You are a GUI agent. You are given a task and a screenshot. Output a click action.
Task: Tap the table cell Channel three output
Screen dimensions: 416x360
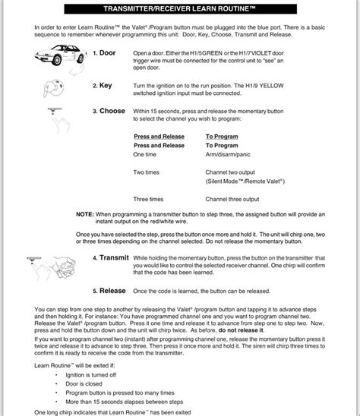pos(237,199)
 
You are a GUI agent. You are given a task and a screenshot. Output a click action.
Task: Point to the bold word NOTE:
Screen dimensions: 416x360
pos(86,216)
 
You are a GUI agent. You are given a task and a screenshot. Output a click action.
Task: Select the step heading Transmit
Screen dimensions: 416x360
pos(115,258)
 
